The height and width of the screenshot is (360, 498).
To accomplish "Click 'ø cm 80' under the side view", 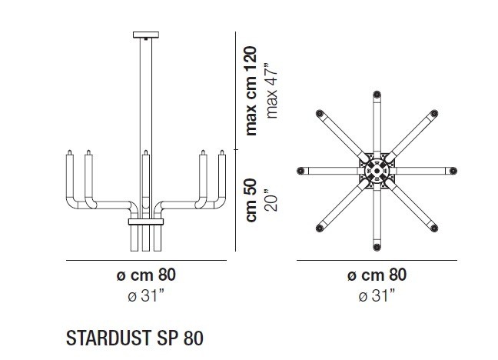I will point(145,275).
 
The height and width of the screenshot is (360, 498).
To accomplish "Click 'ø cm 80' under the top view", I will point(377,275).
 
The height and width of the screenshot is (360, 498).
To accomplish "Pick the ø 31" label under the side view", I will point(145,295).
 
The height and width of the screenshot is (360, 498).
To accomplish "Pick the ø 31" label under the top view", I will point(377,295).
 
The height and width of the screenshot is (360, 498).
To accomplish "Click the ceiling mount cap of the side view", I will point(144,35).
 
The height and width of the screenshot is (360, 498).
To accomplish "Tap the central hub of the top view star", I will point(377,170).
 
